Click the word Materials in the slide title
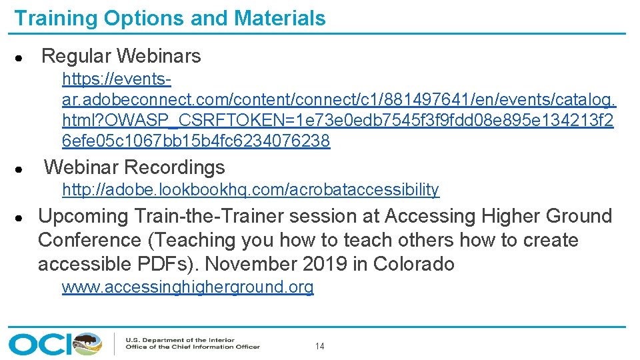(x=279, y=18)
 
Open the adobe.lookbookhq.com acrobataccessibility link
(x=251, y=190)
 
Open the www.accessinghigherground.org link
(x=187, y=287)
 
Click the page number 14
(x=320, y=347)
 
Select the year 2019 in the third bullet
(x=325, y=264)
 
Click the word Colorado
(x=413, y=264)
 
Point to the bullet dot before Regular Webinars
(x=21, y=57)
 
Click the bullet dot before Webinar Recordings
(x=21, y=169)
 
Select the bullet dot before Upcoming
(x=21, y=217)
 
